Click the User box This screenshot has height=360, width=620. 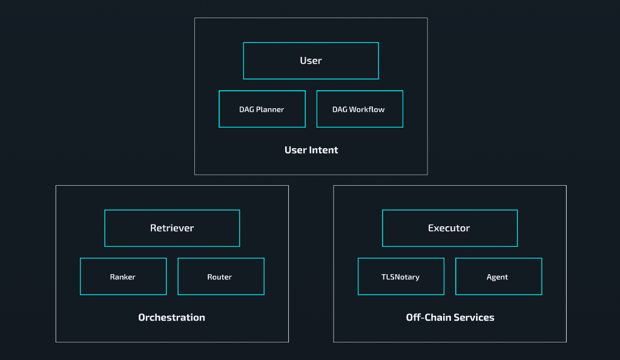(x=311, y=61)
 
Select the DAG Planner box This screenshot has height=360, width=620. (x=262, y=109)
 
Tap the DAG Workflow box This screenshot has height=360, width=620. (x=359, y=109)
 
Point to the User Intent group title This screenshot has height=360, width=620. (x=311, y=150)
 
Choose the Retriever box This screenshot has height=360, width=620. (x=172, y=228)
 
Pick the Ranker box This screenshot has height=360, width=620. (x=123, y=277)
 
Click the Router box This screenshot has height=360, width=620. (x=220, y=277)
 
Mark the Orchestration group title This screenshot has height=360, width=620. (x=171, y=318)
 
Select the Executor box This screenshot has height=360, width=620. (x=449, y=228)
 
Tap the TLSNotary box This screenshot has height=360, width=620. (x=400, y=277)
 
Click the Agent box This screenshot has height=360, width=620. (x=498, y=277)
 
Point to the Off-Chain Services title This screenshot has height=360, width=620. (x=450, y=318)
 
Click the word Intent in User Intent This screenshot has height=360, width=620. (x=324, y=150)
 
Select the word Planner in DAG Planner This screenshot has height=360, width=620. (x=270, y=110)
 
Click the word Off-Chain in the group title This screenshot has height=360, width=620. (x=426, y=318)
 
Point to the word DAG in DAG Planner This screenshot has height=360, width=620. (x=246, y=110)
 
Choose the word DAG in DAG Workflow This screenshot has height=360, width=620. (x=340, y=110)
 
